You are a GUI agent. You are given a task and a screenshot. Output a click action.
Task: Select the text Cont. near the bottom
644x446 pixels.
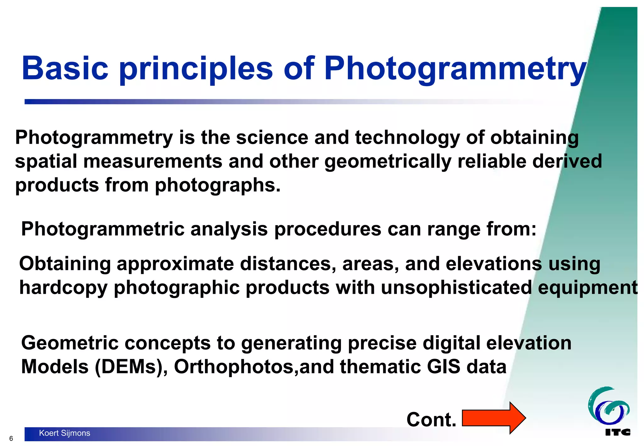coord(431,420)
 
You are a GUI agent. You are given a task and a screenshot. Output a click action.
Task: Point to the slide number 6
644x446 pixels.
coord(11,438)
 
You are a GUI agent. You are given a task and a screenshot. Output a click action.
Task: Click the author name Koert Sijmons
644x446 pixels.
coord(64,433)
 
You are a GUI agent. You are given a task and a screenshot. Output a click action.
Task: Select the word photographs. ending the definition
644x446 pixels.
coord(218,186)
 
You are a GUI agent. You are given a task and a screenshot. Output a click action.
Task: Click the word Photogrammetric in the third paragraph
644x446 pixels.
coord(103,229)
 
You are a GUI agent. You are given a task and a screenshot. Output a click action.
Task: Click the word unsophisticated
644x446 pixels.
coord(456,287)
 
